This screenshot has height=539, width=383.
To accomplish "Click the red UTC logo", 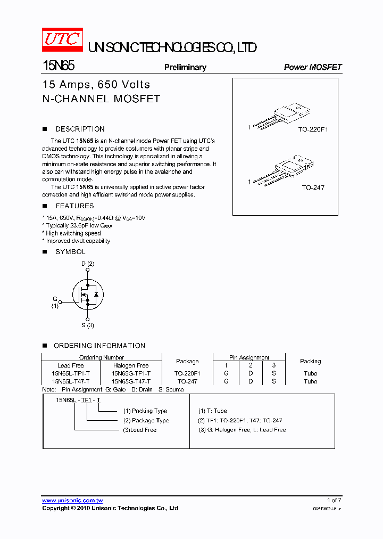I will pos(62,40).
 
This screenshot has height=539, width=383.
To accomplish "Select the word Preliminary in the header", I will pos(185,67).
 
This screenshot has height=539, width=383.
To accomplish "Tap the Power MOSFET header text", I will pos(313,67).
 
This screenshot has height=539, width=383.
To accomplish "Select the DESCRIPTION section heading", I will pos(80,129).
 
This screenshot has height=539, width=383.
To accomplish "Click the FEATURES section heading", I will pos(74,206).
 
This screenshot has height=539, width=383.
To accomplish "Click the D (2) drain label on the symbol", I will pos(88,264).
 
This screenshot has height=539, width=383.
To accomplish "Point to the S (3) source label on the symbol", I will pos(88,325).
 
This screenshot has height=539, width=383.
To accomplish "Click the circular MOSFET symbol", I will pos(88,295).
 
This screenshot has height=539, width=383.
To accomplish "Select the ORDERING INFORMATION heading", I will pos(99,346).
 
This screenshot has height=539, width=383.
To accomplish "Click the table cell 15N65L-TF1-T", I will pos(71,373).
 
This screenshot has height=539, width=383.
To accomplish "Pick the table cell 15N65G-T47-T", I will pos(131,381).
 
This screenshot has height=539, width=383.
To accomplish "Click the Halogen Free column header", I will pos(131,365).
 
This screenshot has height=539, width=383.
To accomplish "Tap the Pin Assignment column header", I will pos(249,357).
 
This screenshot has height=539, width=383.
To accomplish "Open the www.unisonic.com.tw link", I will pos(72,501).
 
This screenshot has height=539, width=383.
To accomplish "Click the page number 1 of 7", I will pos(334,500).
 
